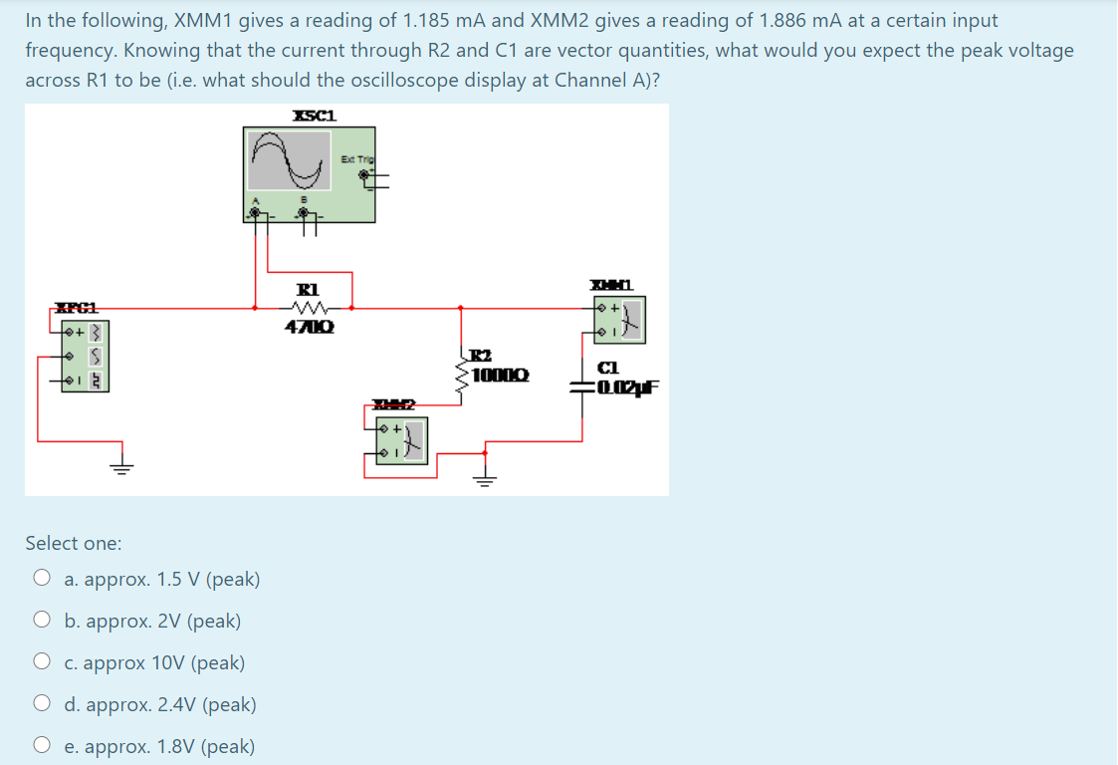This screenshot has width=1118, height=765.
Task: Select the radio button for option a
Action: pyautogui.click(x=42, y=579)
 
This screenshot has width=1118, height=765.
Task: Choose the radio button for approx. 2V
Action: pyautogui.click(x=42, y=621)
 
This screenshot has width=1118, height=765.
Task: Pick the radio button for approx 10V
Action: pyautogui.click(x=42, y=662)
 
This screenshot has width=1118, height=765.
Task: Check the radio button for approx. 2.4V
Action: pyautogui.click(x=42, y=704)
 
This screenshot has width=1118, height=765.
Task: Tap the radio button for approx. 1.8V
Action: pyautogui.click(x=42, y=746)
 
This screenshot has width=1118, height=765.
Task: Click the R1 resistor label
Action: pyautogui.click(x=310, y=290)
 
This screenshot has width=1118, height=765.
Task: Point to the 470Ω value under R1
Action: pyautogui.click(x=311, y=326)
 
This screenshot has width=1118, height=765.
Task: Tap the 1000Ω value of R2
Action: pyautogui.click(x=502, y=376)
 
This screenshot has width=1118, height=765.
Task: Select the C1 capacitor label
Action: pyautogui.click(x=609, y=369)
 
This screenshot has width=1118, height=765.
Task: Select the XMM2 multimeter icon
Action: pyautogui.click(x=402, y=439)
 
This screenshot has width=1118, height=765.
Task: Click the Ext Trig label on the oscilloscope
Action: pyautogui.click(x=355, y=159)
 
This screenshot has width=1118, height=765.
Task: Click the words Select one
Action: pyautogui.click(x=74, y=543)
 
